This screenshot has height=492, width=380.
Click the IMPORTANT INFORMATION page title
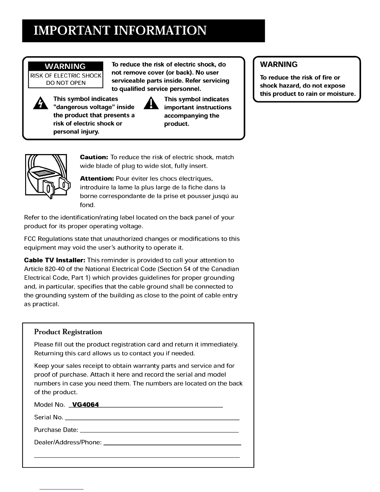point(120,31)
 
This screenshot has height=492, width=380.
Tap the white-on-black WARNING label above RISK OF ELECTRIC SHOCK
point(66,66)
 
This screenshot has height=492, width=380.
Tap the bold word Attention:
point(97,179)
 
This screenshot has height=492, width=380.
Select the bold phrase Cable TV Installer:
point(55,260)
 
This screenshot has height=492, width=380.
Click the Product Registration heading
point(68,332)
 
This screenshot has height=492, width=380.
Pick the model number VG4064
point(85,405)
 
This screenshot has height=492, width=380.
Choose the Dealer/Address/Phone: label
point(68,442)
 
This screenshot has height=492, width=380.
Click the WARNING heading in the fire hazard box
point(278,65)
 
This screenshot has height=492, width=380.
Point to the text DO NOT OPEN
point(66,83)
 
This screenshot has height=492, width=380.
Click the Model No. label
point(49,405)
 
